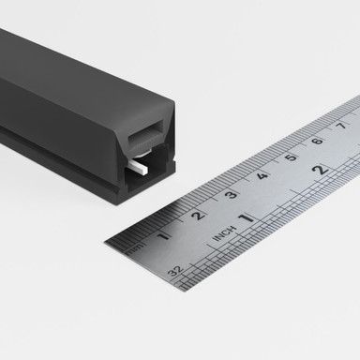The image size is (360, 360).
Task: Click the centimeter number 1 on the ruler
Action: (x=165, y=234)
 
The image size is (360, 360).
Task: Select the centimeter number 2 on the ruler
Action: (x=198, y=215)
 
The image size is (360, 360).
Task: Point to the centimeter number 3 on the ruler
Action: (x=231, y=194)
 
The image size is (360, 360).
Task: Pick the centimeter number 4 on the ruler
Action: (x=262, y=174)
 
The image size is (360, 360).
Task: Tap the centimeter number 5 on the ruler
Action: (x=291, y=157)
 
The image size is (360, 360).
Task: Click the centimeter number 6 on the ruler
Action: (x=317, y=141)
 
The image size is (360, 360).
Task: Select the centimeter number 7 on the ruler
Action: (x=342, y=126)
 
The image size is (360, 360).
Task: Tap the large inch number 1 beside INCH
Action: (x=246, y=217)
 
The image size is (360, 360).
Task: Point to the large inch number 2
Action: (x=320, y=170)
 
